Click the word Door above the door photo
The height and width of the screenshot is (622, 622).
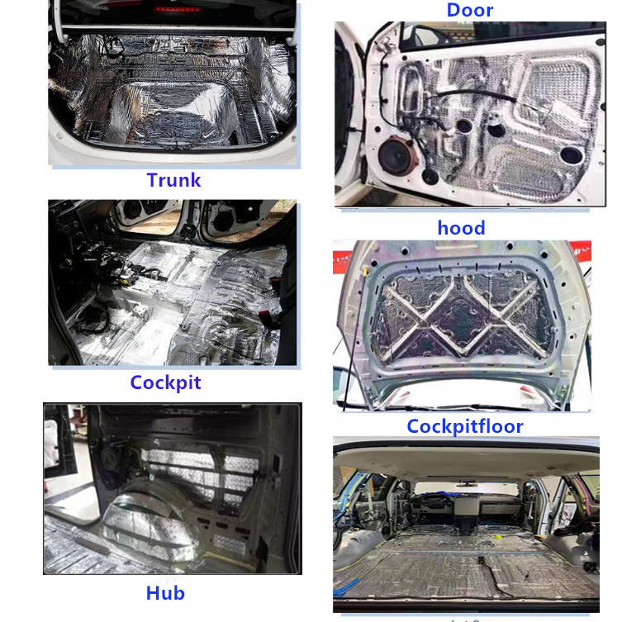pyautogui.click(x=469, y=10)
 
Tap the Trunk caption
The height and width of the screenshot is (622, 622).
pyautogui.click(x=173, y=179)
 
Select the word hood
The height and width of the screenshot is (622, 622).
pyautogui.click(x=461, y=227)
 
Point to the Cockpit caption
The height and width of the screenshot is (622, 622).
pyautogui.click(x=165, y=382)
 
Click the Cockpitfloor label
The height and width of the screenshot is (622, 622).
pyautogui.click(x=465, y=426)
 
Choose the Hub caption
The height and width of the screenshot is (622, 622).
pyautogui.click(x=165, y=592)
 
